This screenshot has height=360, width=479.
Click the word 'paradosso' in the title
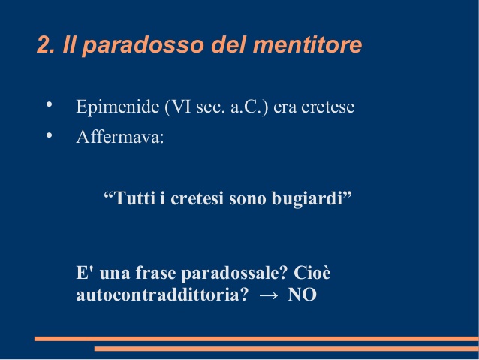(143, 46)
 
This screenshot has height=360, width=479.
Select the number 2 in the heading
(44, 44)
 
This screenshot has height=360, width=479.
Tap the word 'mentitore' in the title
(307, 44)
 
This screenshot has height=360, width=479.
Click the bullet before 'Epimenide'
(49, 104)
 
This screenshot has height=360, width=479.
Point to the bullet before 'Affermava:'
(49, 135)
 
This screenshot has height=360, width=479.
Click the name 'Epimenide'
(118, 107)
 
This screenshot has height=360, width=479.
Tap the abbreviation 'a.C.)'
(249, 107)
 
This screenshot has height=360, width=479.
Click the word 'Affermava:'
(120, 137)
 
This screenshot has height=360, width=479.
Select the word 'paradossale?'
(234, 273)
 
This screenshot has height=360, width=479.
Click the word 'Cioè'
(312, 272)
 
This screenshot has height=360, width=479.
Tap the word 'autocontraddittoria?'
(162, 295)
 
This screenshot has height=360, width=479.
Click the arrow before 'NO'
(269, 295)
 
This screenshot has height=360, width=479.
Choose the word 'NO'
(302, 295)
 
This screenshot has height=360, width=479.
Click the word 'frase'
(155, 272)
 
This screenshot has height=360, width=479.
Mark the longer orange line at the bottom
(257, 339)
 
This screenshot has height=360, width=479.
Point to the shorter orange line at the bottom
(287, 349)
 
